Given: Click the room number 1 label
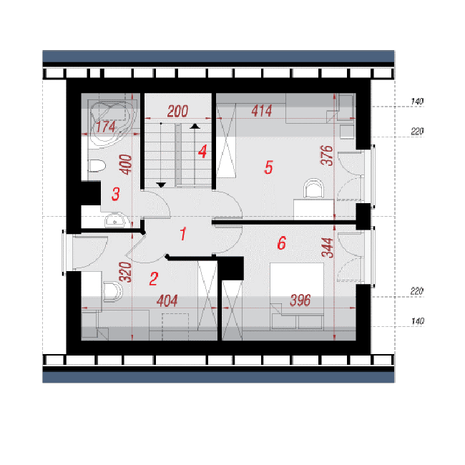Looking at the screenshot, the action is point(183,234).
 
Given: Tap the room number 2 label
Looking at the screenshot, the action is point(154,279).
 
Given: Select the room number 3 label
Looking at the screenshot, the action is point(116,194).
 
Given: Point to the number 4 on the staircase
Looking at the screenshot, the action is point(202,152).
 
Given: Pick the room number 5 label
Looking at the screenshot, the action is point(268,167).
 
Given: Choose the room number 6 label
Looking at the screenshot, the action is point(282,243).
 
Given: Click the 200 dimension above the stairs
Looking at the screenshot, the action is point(177,111).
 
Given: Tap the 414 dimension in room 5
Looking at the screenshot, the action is point(262,111).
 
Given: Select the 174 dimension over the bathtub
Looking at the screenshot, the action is point(106,127).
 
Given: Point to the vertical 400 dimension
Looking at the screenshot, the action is point(126,165).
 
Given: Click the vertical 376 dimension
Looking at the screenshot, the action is point(327,155).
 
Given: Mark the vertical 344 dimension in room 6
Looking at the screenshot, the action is point(328,248).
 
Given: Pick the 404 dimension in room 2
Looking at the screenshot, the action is point(167,300).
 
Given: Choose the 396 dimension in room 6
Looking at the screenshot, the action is point(300,300).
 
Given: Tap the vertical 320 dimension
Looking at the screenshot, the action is point(125,272).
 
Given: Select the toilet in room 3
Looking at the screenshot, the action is point(97,166).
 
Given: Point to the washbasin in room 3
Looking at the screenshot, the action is point(116,220).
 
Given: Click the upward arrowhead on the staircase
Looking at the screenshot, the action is point(195,127).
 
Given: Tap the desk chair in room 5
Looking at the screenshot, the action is point(314,188).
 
